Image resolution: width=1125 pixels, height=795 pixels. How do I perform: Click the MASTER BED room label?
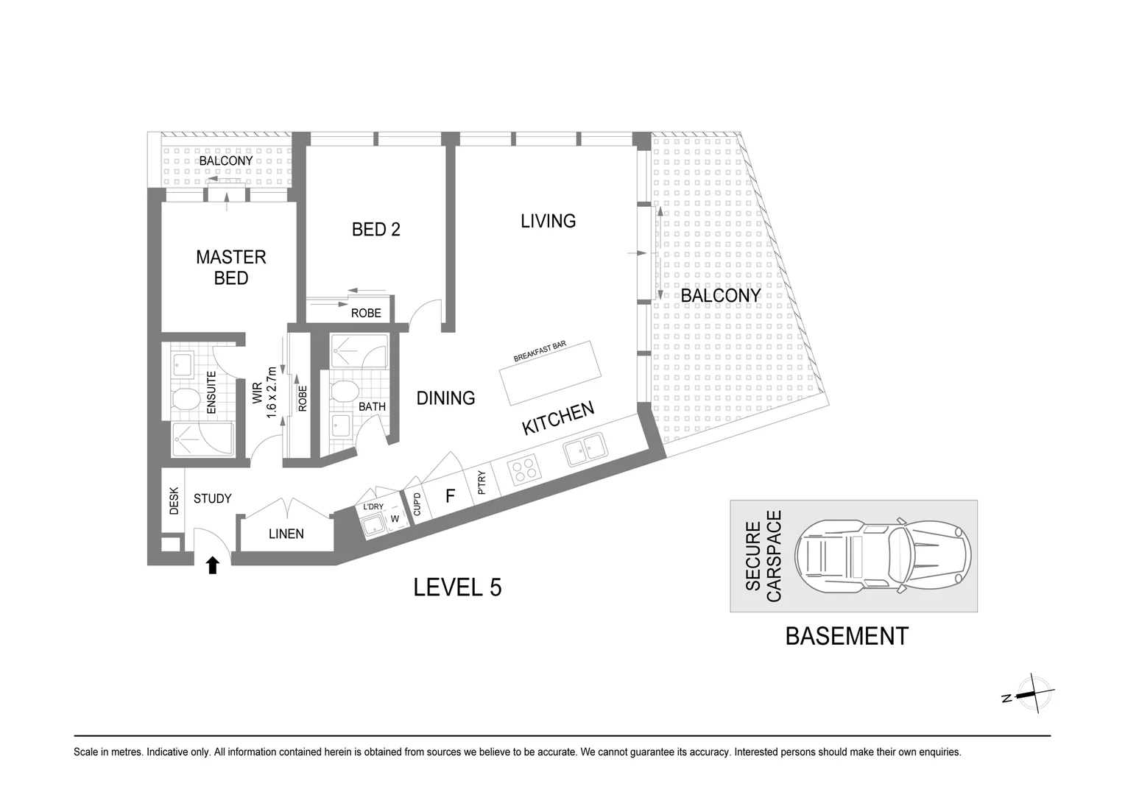231,267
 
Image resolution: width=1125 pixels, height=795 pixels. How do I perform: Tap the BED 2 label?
375,230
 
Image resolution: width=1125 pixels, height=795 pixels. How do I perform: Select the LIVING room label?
548,221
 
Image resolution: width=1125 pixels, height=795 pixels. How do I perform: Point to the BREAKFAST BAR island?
551,372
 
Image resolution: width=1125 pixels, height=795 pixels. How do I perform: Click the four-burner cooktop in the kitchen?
524,470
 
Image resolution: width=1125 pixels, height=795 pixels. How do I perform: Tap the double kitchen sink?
585,448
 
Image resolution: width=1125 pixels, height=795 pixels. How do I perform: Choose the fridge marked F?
451,496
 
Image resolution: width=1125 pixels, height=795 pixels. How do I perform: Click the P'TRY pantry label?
482,483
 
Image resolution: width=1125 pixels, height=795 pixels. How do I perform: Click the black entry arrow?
213,565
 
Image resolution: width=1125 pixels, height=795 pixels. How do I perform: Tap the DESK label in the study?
174,501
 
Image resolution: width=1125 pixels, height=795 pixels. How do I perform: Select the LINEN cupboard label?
286,534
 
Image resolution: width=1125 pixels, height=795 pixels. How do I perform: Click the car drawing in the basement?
883,556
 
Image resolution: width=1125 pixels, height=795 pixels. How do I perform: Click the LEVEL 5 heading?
457,587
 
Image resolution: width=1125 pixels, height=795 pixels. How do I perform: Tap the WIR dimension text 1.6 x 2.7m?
271,393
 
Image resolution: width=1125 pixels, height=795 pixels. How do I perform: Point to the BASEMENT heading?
847,636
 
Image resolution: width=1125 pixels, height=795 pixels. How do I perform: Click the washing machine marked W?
395,519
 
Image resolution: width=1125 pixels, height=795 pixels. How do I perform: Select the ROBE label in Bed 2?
366,314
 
